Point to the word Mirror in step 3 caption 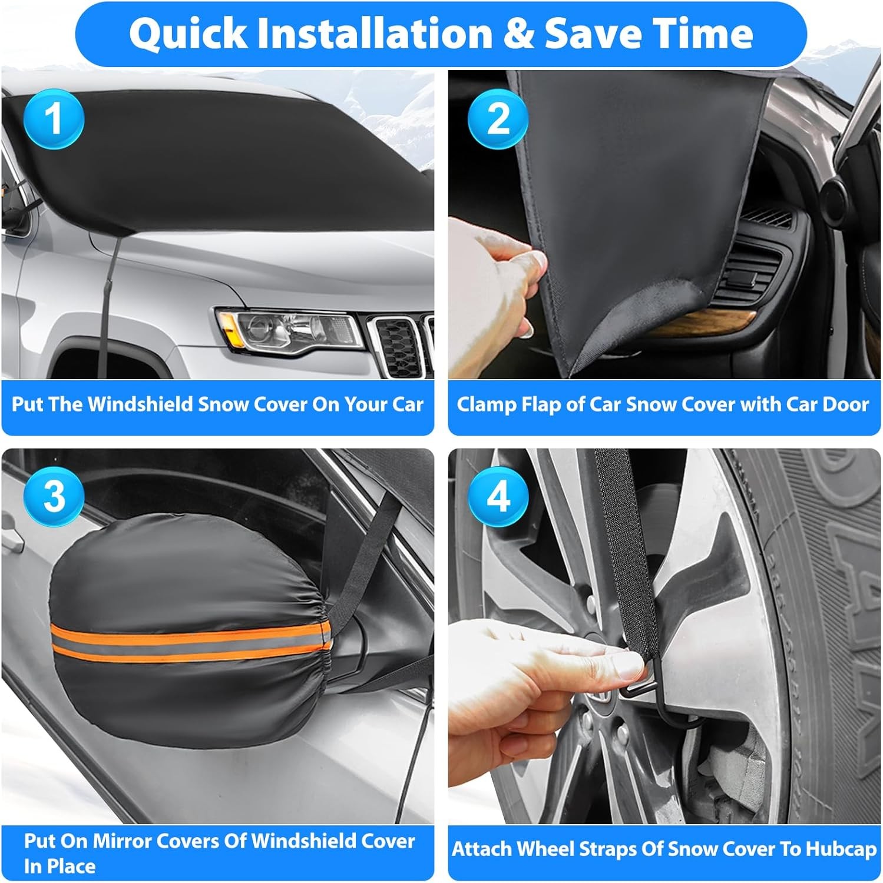[x=125, y=841]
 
